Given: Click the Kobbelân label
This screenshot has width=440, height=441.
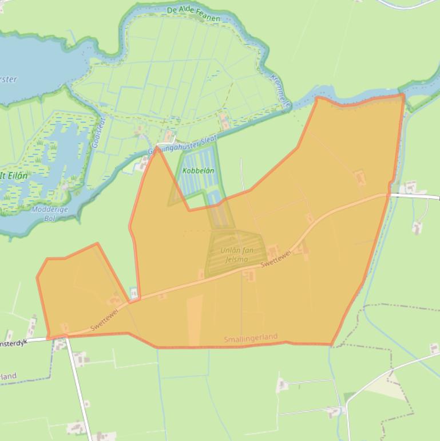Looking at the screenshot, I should click(x=198, y=171).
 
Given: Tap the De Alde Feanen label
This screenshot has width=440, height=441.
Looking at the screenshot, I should click(x=193, y=14).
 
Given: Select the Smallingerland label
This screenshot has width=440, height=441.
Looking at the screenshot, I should click(x=251, y=339).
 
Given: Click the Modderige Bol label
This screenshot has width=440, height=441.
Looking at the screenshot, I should click(x=50, y=214).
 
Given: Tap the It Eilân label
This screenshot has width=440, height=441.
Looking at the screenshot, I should click(x=14, y=176).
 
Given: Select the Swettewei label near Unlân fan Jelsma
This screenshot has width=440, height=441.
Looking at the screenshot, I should click(x=276, y=259).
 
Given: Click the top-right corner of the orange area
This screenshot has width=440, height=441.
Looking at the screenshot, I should click(x=403, y=95).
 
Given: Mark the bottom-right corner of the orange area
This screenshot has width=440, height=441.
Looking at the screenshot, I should click(x=332, y=345).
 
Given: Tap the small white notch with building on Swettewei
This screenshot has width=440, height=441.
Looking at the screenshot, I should click(x=134, y=293).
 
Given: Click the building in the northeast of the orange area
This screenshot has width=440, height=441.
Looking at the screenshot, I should click(x=360, y=177).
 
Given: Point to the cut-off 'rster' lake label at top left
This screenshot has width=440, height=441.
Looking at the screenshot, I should click(x=8, y=80).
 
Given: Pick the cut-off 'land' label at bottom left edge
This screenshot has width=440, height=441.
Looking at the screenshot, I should click(x=8, y=377).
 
